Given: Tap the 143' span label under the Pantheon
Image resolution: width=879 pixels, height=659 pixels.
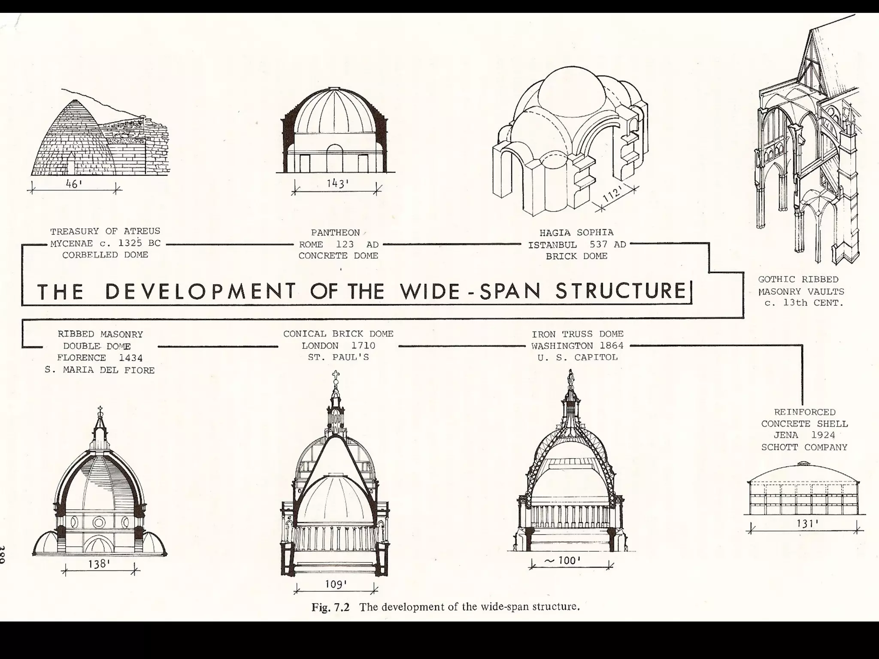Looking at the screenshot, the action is click(337, 184).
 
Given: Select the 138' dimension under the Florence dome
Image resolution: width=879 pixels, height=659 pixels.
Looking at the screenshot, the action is click(99, 564).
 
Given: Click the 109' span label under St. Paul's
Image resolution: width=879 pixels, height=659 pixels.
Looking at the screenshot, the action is click(336, 584).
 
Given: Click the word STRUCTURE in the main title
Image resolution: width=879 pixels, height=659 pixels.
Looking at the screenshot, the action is click(621, 291).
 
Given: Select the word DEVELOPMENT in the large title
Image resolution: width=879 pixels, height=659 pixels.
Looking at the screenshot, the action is click(200, 291).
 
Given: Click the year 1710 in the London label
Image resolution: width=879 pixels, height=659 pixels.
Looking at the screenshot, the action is click(363, 346).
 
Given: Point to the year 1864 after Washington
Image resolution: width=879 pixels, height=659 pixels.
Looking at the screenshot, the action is click(612, 346).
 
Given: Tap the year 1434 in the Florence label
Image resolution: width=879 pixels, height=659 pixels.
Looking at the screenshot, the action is click(131, 358).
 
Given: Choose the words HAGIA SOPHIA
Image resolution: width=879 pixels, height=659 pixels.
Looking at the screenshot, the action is click(576, 233).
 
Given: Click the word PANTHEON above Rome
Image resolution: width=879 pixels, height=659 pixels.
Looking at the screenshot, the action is click(335, 233).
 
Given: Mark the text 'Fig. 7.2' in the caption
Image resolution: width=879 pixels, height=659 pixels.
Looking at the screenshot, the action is click(330, 607).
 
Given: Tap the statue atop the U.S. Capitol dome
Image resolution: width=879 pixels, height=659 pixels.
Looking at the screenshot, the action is click(570, 378).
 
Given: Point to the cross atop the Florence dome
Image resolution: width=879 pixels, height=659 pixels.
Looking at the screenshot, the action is click(100, 410).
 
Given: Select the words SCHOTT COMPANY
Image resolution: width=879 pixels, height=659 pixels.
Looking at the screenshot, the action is click(804, 447).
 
